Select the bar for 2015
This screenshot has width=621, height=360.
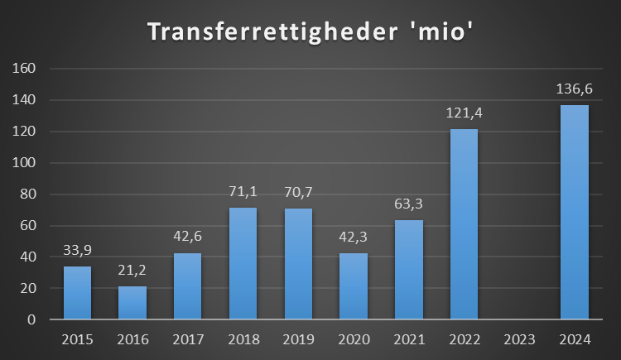(x=77, y=292)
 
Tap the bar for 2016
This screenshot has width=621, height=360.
(x=132, y=302)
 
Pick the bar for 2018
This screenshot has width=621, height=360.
(x=243, y=263)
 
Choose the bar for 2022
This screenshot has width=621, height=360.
(x=464, y=223)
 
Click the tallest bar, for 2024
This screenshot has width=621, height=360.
(x=574, y=212)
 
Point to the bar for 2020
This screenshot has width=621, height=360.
(x=354, y=286)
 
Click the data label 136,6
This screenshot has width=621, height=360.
(x=574, y=89)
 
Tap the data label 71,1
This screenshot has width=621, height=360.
(x=243, y=192)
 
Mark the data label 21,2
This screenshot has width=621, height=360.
(x=132, y=271)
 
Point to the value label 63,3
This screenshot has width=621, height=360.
(x=408, y=204)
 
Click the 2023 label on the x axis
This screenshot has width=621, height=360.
(x=519, y=338)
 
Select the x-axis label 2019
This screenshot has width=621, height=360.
(x=298, y=338)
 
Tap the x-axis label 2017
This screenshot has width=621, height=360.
(x=188, y=338)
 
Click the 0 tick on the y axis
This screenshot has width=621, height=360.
(x=31, y=319)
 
